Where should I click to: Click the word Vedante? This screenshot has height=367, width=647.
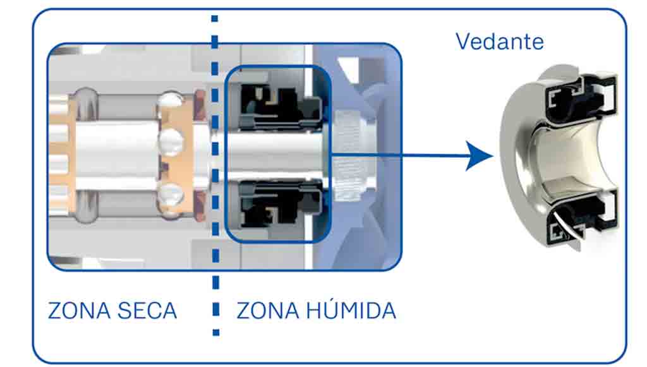[x=499, y=42]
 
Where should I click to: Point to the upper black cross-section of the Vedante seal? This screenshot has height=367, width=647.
[x=578, y=95]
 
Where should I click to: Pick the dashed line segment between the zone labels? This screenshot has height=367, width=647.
[x=215, y=310]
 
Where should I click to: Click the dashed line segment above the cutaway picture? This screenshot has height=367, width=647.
[x=215, y=25]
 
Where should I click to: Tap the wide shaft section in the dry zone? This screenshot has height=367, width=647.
[x=117, y=155]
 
